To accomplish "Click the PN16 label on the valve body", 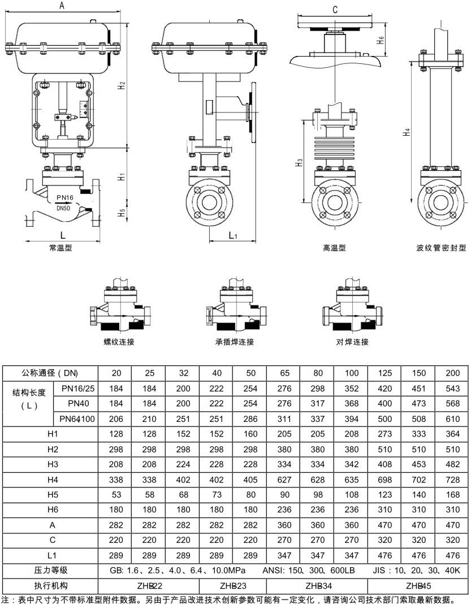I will pos(65,197).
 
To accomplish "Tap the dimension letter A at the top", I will pos(62,6).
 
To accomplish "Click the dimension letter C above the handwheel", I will pos(335,10).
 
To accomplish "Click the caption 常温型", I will pos(60,247).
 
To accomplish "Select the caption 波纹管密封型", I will pos(440,247).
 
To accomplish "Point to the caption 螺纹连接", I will pos(119,342).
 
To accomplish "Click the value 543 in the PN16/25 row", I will pos(452,389).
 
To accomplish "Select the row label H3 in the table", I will pos(53,464).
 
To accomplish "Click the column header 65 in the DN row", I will pos(283,373).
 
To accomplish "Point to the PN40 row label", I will pos(75,403).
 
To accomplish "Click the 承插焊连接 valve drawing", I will pos(234,308).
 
